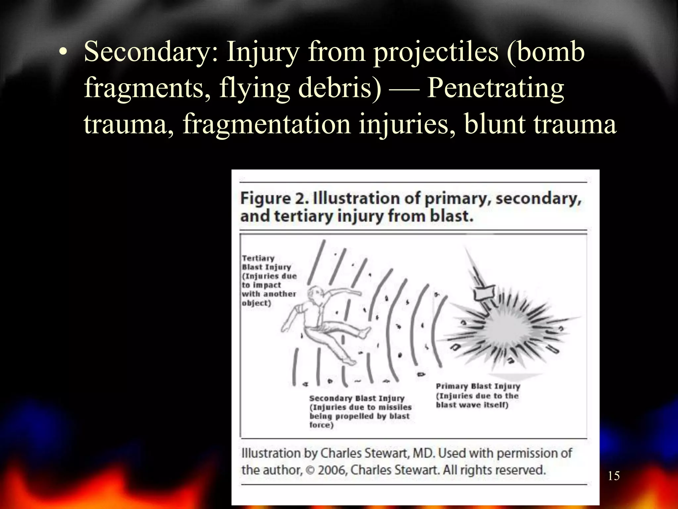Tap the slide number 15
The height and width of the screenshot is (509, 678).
coord(613,476)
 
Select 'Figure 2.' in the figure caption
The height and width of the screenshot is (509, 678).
coord(274,198)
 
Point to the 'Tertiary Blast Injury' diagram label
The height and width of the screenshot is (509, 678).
coord(266,262)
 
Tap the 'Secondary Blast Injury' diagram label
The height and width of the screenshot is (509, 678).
coord(357,398)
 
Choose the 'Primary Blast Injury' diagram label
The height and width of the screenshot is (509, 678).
coord(478,386)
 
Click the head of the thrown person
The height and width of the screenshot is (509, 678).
coord(314,294)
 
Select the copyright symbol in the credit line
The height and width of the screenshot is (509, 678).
coord(310,470)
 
